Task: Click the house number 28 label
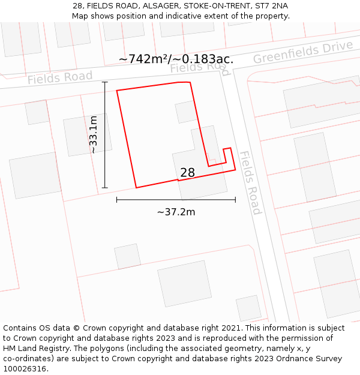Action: coord(187,173)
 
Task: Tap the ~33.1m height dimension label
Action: coord(94,135)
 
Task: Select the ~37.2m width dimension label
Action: coord(176,212)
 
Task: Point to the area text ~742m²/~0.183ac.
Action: coord(176,59)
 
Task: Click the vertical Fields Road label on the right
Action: coord(250,182)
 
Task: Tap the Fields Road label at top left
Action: coord(60,77)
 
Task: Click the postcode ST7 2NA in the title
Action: coord(271,5)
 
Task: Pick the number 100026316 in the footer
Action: coord(25,369)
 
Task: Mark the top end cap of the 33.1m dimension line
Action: coord(105,82)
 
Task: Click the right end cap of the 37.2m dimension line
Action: coord(235,200)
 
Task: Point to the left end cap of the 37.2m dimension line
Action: coord(116,200)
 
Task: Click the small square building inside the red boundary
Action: coord(186,112)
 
